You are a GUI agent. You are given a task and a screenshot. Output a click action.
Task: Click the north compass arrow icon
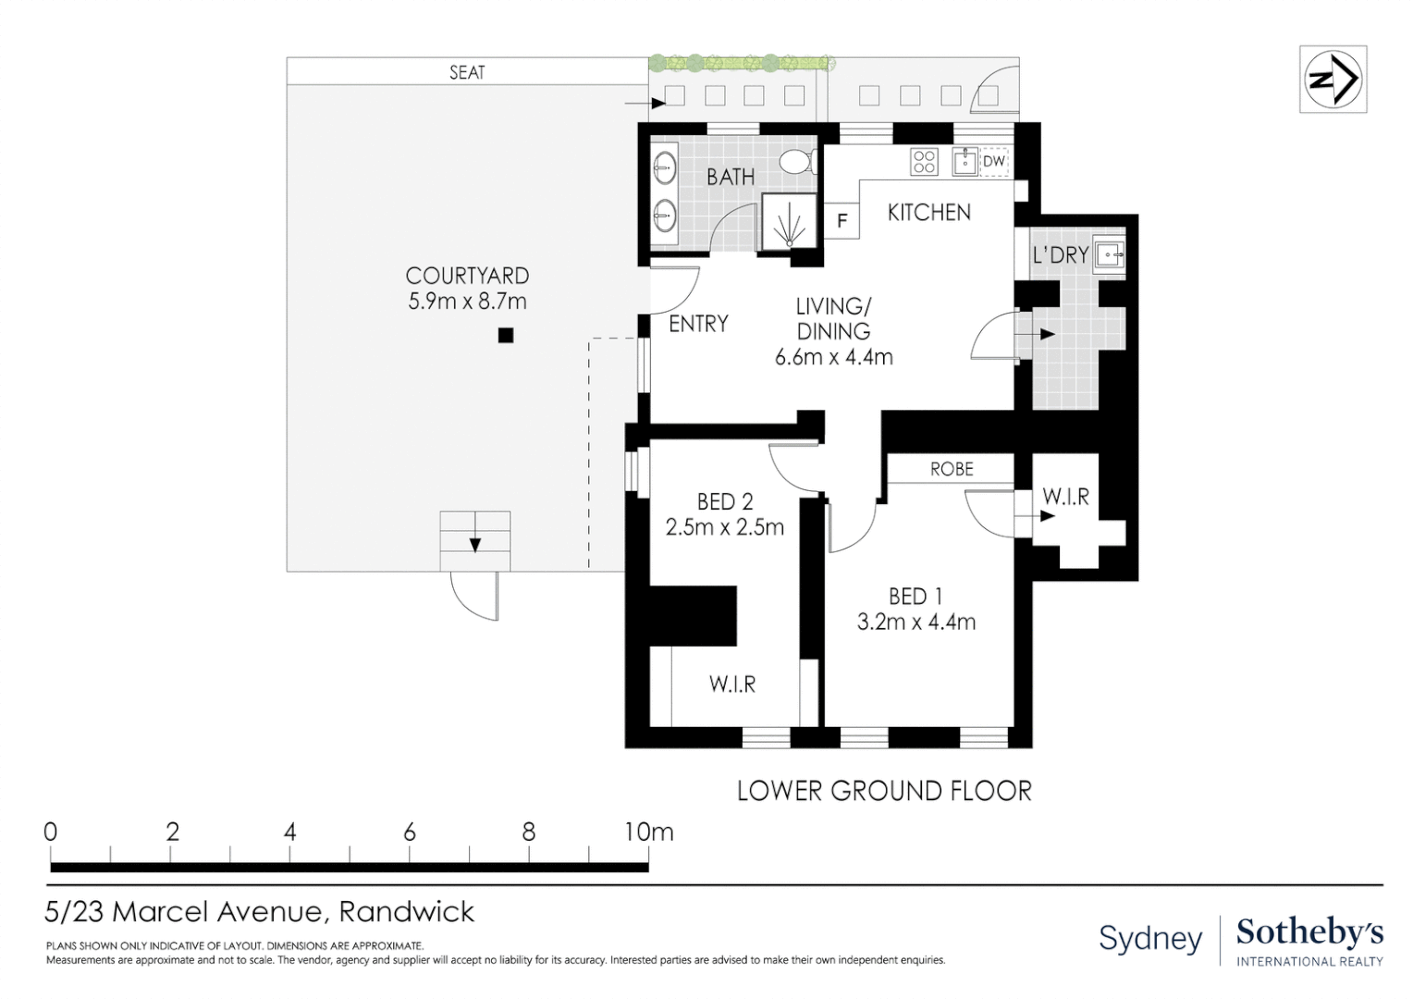click(1333, 80)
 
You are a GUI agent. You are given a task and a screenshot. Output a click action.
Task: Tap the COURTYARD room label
click(467, 276)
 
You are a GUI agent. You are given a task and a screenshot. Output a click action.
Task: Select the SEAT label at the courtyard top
click(467, 72)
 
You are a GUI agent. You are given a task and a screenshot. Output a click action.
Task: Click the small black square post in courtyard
click(505, 336)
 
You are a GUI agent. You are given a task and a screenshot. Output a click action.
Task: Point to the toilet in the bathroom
click(796, 163)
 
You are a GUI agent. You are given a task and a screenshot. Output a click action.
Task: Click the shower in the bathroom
click(789, 223)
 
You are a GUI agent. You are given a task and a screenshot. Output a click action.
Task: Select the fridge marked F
click(842, 221)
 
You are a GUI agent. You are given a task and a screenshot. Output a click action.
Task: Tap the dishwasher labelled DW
click(993, 162)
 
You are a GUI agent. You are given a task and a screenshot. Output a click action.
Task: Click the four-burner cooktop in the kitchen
click(925, 162)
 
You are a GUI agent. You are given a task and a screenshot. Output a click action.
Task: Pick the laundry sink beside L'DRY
click(1110, 253)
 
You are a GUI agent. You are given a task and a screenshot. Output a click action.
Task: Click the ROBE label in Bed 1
click(952, 469)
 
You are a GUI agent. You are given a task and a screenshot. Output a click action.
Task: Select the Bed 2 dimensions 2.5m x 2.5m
click(724, 527)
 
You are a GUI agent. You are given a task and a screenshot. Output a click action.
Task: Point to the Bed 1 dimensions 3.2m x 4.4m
click(915, 622)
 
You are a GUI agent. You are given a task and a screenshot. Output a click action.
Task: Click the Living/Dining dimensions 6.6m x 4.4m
click(833, 357)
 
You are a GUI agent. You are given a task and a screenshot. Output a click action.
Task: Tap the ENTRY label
click(698, 324)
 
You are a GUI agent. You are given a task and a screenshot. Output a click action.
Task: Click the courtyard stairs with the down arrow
click(474, 540)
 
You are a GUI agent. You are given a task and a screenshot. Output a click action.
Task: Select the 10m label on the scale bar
click(648, 832)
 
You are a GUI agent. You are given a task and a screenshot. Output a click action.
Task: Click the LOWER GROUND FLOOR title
click(883, 791)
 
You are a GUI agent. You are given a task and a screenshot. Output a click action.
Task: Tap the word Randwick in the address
click(406, 912)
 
